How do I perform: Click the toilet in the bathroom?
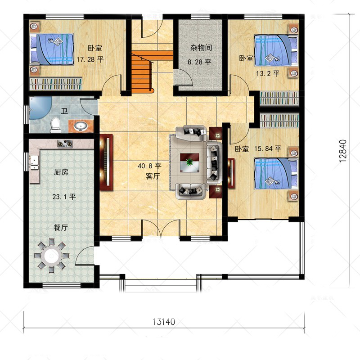point(55,125)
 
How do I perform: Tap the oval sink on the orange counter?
point(80,126)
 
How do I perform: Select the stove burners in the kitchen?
point(65,144)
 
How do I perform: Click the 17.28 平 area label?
point(90,59)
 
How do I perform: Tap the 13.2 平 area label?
point(268,73)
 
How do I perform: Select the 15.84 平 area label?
point(268,148)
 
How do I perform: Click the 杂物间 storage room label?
point(201,48)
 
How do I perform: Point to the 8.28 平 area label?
point(199,62)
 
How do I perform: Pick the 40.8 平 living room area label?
point(149,166)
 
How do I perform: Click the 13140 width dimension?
point(164,322)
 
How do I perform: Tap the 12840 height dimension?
point(342,151)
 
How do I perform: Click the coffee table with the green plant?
point(189,162)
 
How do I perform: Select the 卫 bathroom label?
point(64,111)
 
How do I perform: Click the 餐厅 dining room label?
point(61,228)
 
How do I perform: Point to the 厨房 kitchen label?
point(61,172)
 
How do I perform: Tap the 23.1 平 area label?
point(64,197)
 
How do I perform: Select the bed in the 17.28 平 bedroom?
point(52,49)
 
